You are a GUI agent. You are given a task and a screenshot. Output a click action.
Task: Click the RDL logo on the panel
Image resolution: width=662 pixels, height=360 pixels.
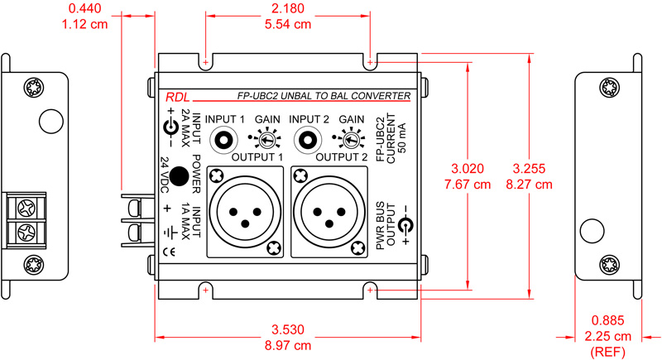pyautogui.click(x=175, y=96)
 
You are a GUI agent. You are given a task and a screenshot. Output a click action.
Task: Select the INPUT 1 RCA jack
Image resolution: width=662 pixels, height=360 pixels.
pyautogui.click(x=224, y=140)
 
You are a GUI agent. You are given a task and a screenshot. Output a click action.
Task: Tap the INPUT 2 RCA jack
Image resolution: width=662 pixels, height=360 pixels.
pyautogui.click(x=309, y=140)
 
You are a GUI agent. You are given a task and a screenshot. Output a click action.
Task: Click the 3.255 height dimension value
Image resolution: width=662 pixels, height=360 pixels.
pyautogui.click(x=533, y=170)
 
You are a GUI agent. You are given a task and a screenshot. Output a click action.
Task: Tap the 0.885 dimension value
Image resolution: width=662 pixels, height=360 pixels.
pyautogui.click(x=608, y=319)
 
